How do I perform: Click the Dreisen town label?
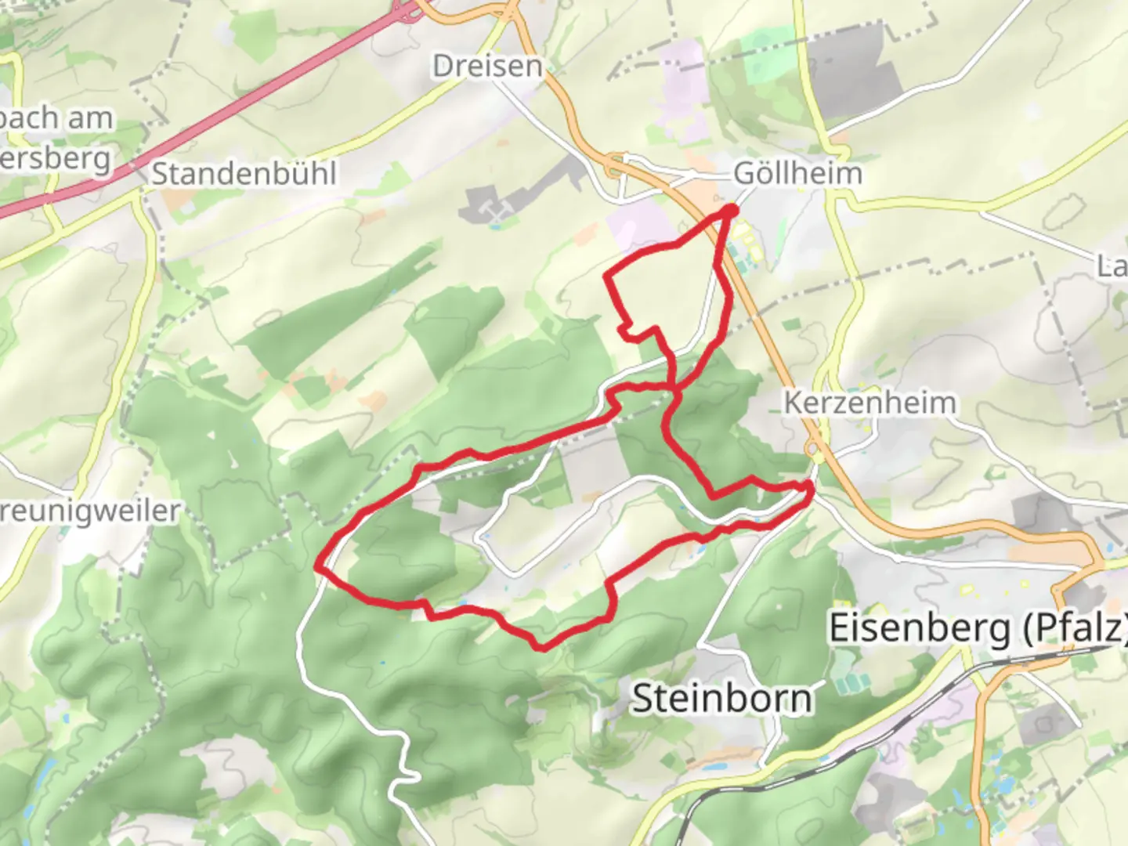[487, 66]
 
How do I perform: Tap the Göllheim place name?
[797, 173]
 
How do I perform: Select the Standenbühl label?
[244, 173]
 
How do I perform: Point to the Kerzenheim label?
[869, 403]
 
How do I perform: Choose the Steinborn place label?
[721, 697]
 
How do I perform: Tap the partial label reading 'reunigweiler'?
[90, 512]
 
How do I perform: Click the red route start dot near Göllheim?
[730, 210]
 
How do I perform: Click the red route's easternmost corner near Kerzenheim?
[811, 490]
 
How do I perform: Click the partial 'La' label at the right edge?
[1112, 266]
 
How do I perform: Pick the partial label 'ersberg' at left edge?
[55, 159]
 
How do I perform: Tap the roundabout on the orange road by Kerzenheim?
[815, 450]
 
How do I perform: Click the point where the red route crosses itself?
[674, 388]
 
